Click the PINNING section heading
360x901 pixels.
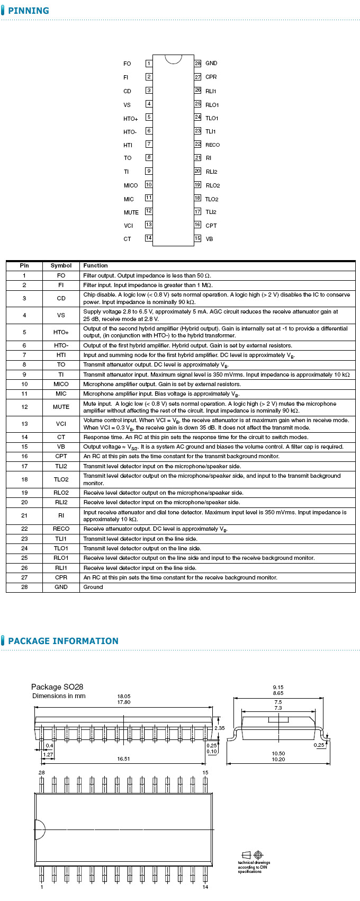29,11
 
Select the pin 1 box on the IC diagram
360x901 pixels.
149,64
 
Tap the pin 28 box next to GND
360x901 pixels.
197,63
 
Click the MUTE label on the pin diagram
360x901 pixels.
131,212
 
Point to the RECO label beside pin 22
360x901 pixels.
212,145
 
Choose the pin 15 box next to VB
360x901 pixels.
197,238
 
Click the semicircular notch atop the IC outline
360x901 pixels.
173,58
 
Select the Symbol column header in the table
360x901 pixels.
61,265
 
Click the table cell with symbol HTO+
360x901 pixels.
61,332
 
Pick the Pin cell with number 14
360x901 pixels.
24,437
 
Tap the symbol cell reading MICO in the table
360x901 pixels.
61,384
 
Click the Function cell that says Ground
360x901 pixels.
93,587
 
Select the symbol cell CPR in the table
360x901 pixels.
61,577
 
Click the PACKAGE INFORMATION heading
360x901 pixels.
63,641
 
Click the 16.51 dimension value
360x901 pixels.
123,759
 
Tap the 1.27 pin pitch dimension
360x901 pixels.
48,755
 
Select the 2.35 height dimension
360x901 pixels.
220,728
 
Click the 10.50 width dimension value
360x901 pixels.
278,753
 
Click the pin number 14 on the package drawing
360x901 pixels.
205,887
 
